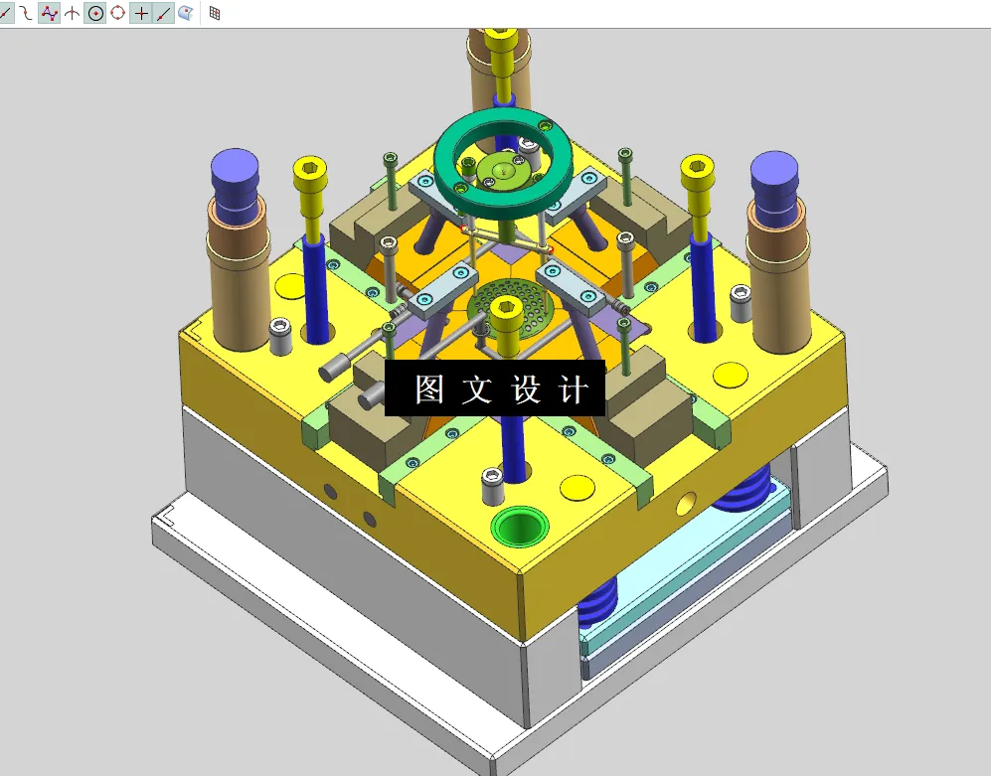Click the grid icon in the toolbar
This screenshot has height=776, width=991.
[215, 13]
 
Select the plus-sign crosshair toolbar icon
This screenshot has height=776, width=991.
[141, 13]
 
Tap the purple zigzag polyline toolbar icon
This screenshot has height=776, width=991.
[49, 13]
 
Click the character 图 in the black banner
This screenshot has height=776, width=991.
[429, 389]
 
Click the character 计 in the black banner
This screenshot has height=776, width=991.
[575, 389]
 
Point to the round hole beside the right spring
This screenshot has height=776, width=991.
[685, 504]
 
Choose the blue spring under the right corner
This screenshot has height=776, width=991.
[746, 490]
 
